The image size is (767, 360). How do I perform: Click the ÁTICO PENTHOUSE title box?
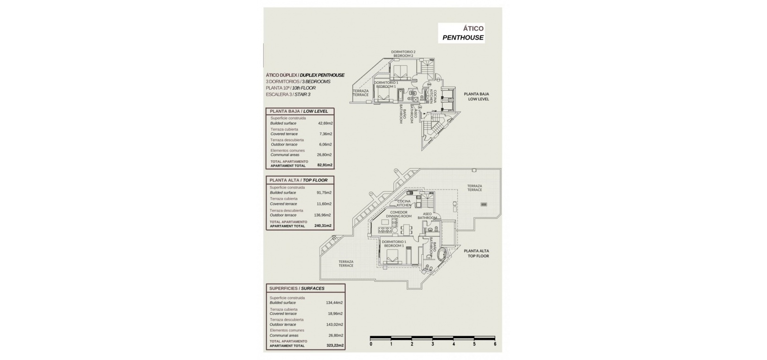click(461, 33)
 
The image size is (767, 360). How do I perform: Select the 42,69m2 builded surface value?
click(325, 123)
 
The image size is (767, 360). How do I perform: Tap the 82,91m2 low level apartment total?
click(325, 165)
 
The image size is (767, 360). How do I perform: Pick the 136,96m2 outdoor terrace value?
click(323, 215)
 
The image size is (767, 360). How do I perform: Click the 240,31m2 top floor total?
click(323, 226)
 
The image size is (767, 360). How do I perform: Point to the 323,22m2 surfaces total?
click(335, 346)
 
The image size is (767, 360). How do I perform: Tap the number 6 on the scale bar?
click(495, 344)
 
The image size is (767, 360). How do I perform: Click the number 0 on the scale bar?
click(371, 344)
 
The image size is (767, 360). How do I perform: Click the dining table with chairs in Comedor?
click(406, 230)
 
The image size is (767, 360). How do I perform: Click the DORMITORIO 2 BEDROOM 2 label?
click(403, 54)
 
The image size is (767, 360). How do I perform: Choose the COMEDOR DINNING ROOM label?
click(399, 214)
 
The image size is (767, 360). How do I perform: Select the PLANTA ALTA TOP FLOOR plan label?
click(476, 253)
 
